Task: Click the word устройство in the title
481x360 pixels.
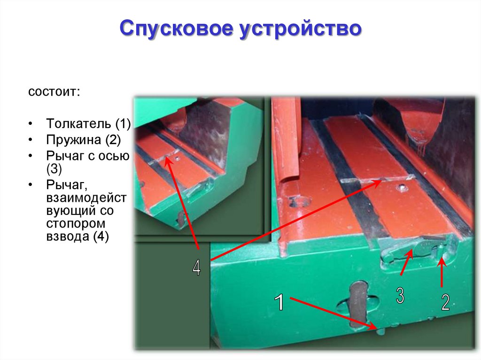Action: (301, 29)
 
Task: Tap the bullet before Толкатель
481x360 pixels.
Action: (30, 124)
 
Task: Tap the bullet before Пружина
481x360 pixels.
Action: (30, 140)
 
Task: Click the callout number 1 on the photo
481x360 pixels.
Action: (279, 302)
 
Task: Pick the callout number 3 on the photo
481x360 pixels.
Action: (400, 296)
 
